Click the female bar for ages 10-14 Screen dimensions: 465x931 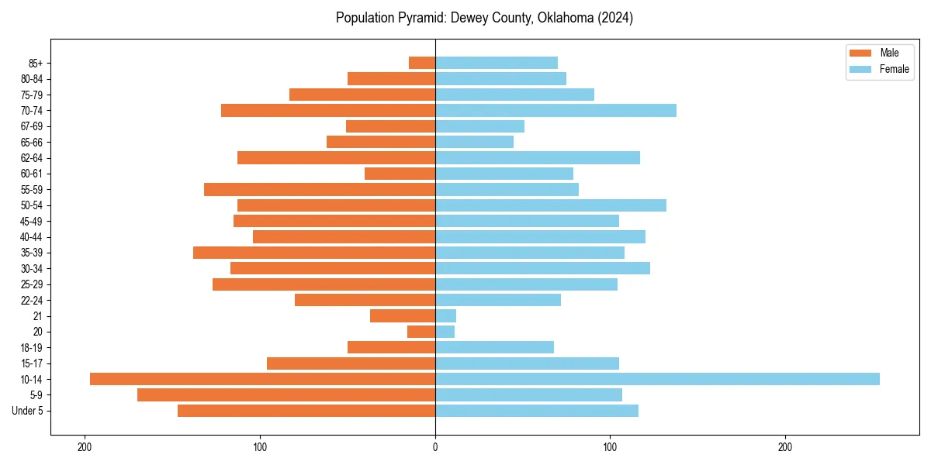657,379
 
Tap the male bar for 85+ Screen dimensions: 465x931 422,63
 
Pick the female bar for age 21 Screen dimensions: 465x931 446,315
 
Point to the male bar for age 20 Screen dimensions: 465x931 421,332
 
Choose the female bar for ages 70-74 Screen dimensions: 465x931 555,110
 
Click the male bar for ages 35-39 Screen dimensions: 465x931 314,253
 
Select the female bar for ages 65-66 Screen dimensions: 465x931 474,142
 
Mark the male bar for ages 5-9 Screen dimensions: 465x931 286,394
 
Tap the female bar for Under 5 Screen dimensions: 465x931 537,411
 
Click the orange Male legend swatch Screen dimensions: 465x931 861,53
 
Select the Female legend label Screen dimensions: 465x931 894,69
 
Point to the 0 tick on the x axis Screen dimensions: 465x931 435,446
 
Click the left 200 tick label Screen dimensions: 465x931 85,446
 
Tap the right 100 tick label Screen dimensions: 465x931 611,446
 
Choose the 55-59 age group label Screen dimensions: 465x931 32,189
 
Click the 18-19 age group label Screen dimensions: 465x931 32,347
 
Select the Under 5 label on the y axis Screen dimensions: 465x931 27,411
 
